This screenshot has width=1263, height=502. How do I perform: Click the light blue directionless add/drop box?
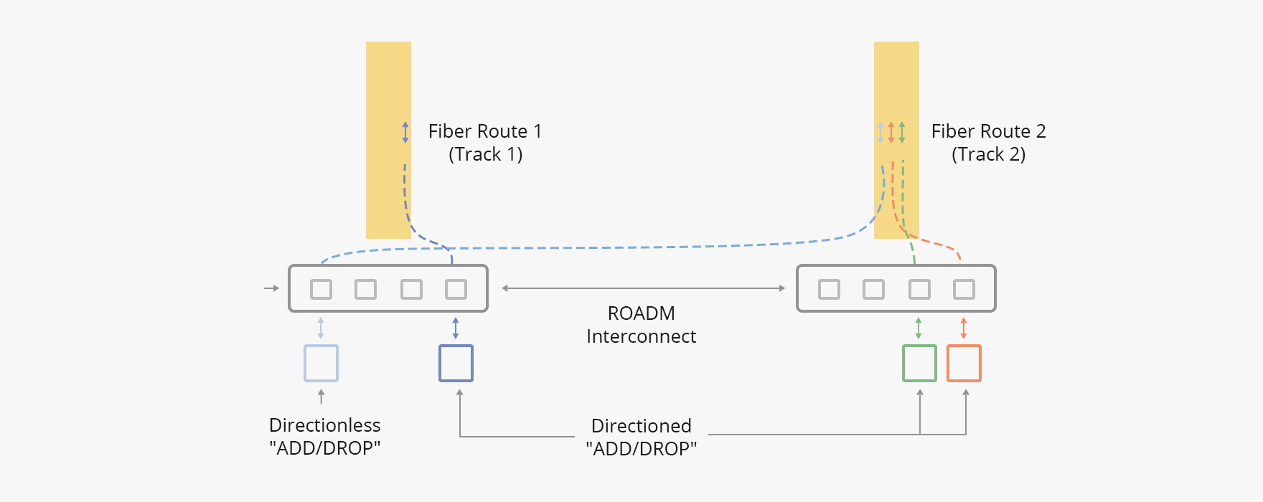tap(321, 363)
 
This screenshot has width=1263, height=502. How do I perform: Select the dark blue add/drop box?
tap(456, 363)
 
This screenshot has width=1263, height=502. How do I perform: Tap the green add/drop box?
tap(919, 363)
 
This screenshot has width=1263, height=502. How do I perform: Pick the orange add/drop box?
tap(964, 363)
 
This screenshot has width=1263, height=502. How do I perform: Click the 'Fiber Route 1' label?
tap(485, 131)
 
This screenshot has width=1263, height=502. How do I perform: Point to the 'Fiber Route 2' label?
tap(988, 131)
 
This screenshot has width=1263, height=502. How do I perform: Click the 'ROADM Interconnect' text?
tap(641, 325)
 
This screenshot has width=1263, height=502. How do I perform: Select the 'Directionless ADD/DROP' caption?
tap(324, 437)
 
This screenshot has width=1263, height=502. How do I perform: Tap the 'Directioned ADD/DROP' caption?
tap(641, 437)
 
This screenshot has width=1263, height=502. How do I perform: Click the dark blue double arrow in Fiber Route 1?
tap(405, 132)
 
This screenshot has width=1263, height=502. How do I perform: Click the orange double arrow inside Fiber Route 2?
tap(891, 132)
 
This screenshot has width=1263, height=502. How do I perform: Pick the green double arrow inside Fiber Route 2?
tap(902, 132)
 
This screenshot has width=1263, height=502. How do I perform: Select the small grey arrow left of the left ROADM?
tap(271, 288)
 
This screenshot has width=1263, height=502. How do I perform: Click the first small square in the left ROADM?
tap(321, 289)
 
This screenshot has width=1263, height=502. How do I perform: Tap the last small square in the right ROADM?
tap(964, 289)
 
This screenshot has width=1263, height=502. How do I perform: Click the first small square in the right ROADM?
tap(829, 289)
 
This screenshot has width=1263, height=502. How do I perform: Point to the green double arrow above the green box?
tap(919, 328)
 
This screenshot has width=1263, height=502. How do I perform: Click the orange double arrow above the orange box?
tap(964, 328)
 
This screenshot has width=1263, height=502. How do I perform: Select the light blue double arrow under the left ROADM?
tap(321, 328)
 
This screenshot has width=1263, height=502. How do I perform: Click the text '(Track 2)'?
tap(988, 154)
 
